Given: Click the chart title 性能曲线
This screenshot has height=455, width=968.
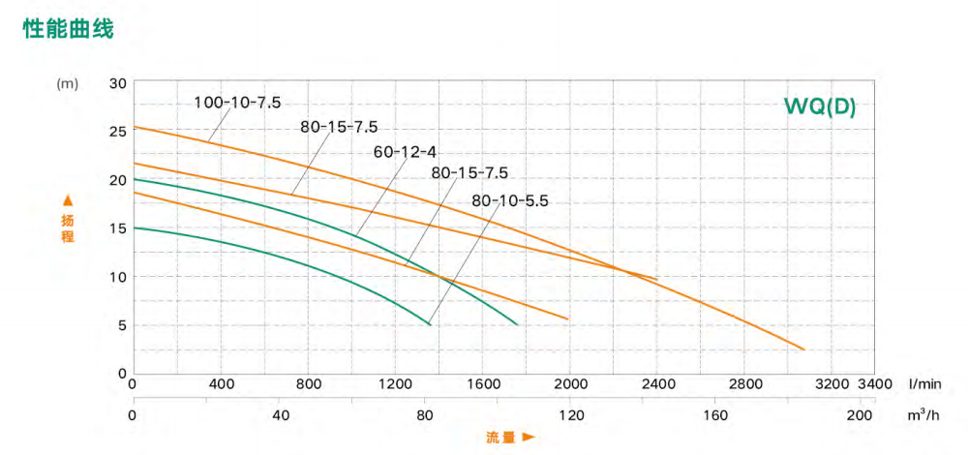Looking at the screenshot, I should pyautogui.click(x=68, y=30).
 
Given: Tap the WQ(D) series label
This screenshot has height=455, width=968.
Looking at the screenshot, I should pyautogui.click(x=821, y=106).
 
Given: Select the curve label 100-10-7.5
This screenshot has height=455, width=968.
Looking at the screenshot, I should pyautogui.click(x=236, y=102).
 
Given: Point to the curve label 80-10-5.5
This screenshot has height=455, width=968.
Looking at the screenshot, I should pyautogui.click(x=510, y=200).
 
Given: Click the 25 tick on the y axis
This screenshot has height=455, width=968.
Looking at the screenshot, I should pyautogui.click(x=118, y=132).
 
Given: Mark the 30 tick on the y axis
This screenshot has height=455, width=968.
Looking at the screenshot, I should pyautogui.click(x=118, y=83).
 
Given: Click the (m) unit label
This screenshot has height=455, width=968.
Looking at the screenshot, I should pyautogui.click(x=68, y=83).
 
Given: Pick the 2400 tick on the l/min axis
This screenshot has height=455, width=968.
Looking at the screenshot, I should pyautogui.click(x=659, y=383).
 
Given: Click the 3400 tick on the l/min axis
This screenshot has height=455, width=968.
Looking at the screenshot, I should pyautogui.click(x=875, y=383).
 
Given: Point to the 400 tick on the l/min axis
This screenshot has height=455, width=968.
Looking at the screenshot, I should pyautogui.click(x=223, y=383).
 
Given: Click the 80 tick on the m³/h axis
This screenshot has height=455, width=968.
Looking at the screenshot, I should pyautogui.click(x=425, y=415).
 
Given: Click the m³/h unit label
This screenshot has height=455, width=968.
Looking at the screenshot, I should pyautogui.click(x=925, y=415).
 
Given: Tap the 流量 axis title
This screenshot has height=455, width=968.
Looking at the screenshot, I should pyautogui.click(x=500, y=438).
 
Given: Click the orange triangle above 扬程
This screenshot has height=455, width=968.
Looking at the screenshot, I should pyautogui.click(x=67, y=200).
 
